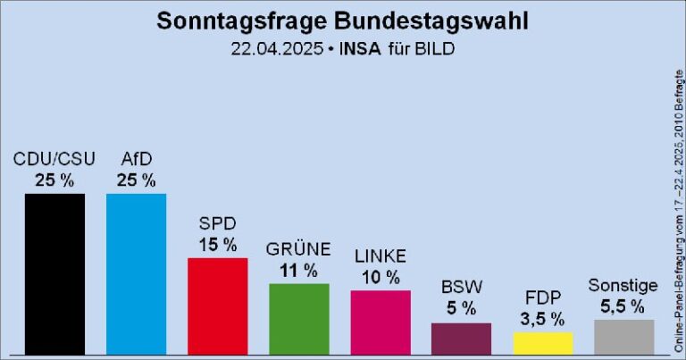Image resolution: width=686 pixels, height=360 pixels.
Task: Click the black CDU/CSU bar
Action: [x=54, y=273]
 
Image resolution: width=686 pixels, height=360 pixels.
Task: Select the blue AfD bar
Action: [x=136, y=273]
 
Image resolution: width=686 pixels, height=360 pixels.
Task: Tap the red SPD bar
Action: [x=217, y=306]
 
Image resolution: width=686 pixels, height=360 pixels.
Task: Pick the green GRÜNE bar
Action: [x=299, y=319]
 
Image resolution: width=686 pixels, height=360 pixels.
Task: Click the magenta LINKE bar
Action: [x=381, y=322]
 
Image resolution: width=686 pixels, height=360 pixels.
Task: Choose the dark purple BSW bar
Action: [x=461, y=338]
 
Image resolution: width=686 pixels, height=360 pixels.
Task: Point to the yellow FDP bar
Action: [x=543, y=343]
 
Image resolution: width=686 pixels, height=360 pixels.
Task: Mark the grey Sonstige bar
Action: [x=623, y=336]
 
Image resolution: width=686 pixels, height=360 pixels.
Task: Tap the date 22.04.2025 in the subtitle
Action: [x=276, y=48]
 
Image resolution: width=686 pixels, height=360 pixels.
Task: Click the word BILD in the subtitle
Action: [x=434, y=48]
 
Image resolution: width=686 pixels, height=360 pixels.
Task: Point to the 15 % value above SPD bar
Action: [x=217, y=244]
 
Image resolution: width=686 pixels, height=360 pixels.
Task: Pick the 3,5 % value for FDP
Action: [x=543, y=318]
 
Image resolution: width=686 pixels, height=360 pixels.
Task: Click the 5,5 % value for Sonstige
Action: [x=623, y=306]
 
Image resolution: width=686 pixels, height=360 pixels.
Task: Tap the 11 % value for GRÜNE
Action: [x=299, y=270]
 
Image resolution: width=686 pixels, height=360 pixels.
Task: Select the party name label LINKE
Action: [x=381, y=256]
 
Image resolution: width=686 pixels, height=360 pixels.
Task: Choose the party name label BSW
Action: [x=461, y=288]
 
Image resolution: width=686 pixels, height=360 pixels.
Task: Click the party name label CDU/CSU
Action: [x=54, y=160]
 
